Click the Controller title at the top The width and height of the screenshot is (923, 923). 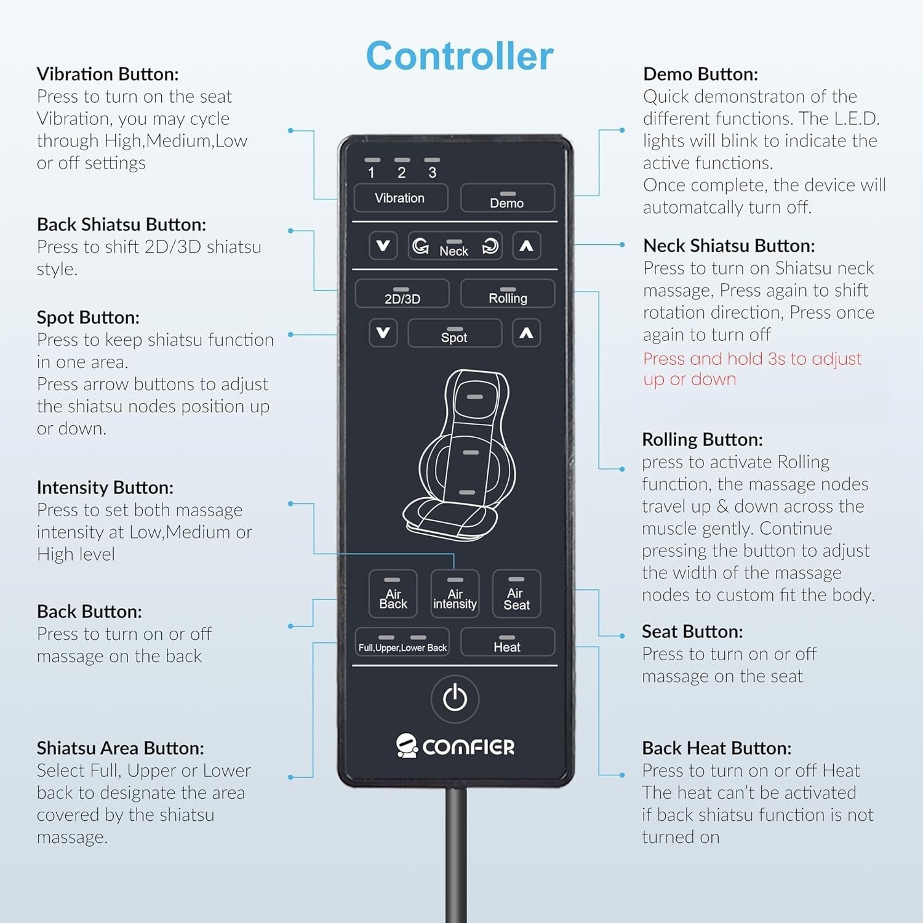(460, 56)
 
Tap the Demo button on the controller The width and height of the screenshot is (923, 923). (507, 198)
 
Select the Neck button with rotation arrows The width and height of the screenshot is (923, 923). (455, 246)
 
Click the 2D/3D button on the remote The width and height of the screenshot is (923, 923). (402, 294)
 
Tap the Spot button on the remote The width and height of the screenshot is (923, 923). (455, 333)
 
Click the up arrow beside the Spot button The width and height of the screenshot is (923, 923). (526, 333)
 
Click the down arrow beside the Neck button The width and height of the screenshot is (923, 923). (383, 246)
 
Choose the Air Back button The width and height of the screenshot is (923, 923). (393, 593)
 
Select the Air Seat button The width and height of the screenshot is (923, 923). (516, 593)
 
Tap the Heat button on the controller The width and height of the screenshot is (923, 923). (507, 642)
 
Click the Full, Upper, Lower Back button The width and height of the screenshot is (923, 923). (402, 642)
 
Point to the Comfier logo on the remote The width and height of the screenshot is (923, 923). (455, 746)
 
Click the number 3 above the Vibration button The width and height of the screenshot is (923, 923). (432, 172)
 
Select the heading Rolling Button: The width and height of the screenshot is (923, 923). (702, 439)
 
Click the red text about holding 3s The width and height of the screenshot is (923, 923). (752, 369)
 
